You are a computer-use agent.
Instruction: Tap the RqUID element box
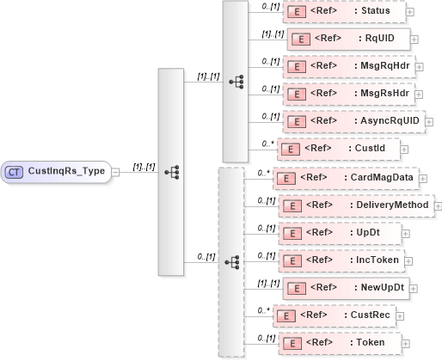click(x=348, y=39)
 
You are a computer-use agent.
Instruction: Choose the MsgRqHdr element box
click(x=348, y=65)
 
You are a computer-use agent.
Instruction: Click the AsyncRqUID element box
click(x=353, y=121)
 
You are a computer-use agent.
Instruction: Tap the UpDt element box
click(x=338, y=233)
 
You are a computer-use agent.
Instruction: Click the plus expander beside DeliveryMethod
click(x=438, y=205)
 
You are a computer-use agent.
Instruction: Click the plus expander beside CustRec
click(x=399, y=315)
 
